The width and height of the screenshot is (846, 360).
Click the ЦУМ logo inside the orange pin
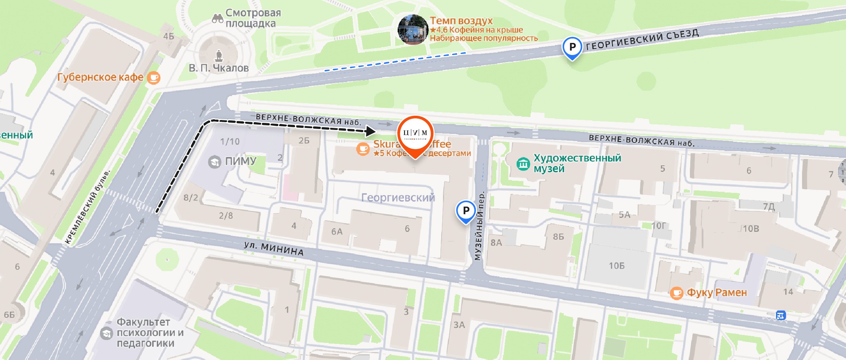[415, 133]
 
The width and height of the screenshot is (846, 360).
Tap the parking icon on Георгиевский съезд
[572, 47]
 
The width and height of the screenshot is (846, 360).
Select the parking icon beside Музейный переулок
[466, 210]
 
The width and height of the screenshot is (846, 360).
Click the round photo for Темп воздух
[413, 30]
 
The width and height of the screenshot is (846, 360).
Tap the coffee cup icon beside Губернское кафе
[154, 77]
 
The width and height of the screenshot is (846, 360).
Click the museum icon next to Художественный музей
[523, 164]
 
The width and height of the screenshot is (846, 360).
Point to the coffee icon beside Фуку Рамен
[676, 293]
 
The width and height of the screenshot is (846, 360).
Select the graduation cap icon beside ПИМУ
[214, 162]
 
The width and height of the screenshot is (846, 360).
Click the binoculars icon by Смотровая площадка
[217, 18]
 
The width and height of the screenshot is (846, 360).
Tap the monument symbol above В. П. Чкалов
[219, 55]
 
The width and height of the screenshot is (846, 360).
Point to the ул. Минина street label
[274, 249]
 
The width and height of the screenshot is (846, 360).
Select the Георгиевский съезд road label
[642, 40]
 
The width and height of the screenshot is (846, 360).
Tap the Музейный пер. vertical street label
[479, 226]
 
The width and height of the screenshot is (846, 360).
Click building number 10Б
[617, 266]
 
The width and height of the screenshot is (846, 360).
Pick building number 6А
[337, 232]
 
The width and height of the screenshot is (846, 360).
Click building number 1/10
[230, 142]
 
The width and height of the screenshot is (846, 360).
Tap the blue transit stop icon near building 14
[780, 315]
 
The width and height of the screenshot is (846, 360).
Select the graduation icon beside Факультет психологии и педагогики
[106, 333]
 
